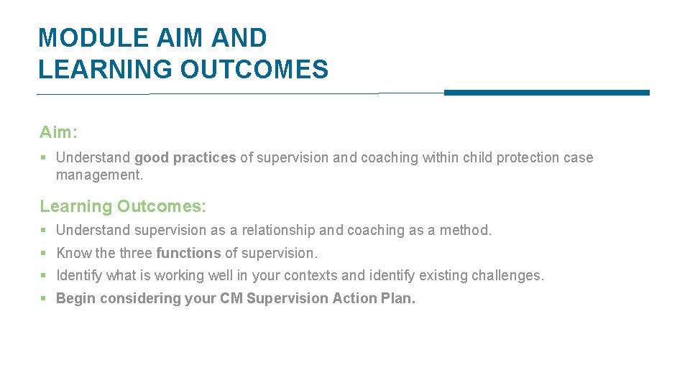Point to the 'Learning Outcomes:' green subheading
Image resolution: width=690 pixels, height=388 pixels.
tap(123, 207)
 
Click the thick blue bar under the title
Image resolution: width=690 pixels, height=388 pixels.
tap(546, 93)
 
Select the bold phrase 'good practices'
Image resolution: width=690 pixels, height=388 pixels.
tap(185, 157)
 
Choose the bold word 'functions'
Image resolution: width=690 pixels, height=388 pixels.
tap(188, 253)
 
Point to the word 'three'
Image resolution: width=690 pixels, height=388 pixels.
tap(135, 253)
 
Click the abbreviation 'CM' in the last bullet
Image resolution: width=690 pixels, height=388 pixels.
tap(231, 298)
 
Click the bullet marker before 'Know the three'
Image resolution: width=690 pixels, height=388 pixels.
tap(44, 254)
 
